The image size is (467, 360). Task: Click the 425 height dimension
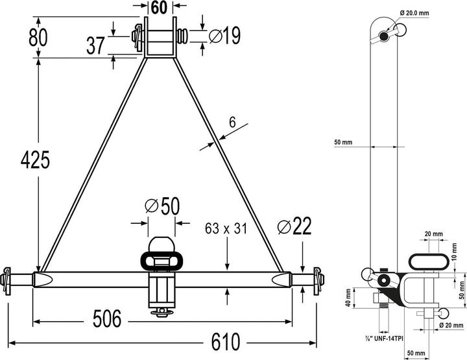coord(34,160)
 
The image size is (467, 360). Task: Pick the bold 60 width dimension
coord(160,8)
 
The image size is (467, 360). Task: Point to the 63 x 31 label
coord(226,228)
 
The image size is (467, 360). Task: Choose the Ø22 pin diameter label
coord(294,227)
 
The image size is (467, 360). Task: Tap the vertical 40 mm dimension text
coord(348,297)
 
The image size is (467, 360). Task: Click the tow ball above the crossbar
coord(160,246)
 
